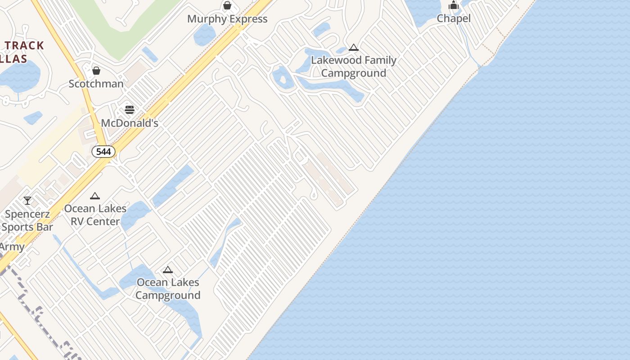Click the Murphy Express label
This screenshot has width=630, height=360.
click(x=227, y=19)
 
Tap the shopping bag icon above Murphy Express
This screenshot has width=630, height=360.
click(x=227, y=5)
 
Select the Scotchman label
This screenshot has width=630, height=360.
click(x=96, y=84)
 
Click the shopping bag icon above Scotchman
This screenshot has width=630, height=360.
click(x=96, y=71)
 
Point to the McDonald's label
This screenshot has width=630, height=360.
click(x=130, y=123)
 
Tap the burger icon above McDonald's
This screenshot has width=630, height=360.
click(x=130, y=110)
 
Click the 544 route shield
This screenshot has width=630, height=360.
click(x=103, y=152)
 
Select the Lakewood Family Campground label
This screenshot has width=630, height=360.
click(x=354, y=67)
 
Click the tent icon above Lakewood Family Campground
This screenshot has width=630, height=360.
click(x=354, y=47)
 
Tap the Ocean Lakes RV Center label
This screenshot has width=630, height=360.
click(x=95, y=215)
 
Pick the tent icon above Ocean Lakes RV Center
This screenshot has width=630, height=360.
click(x=94, y=196)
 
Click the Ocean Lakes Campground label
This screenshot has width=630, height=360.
click(x=168, y=288)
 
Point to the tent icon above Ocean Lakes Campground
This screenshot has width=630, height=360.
click(x=168, y=270)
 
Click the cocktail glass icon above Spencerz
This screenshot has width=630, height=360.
click(x=27, y=201)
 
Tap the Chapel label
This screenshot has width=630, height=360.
click(x=454, y=18)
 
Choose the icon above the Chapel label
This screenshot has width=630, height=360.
click(x=454, y=5)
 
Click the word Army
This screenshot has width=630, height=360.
click(x=12, y=247)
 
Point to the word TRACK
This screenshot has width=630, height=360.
click(x=25, y=45)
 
